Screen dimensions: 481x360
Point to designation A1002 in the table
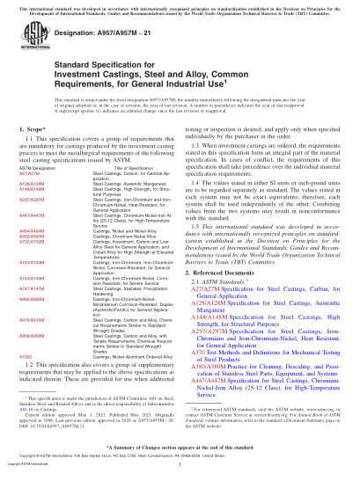[34, 357]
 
